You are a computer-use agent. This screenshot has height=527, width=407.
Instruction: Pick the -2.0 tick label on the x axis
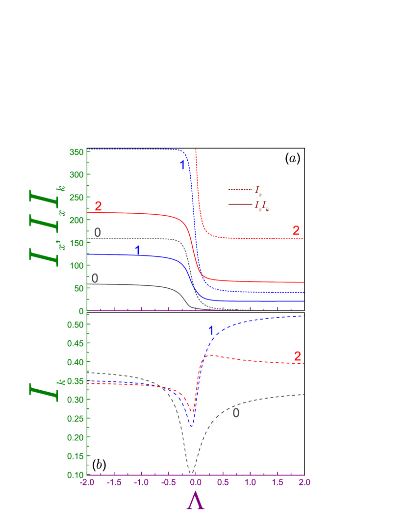87,482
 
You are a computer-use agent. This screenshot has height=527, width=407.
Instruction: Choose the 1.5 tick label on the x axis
278,482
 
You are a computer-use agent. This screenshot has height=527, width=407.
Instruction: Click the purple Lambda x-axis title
195,501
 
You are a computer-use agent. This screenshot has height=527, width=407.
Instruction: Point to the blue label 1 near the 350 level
182,165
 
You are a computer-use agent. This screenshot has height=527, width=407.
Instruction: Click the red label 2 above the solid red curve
98,206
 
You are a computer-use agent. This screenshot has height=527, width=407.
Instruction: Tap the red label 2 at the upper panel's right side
296,230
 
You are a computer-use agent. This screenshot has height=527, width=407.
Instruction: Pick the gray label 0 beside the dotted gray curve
97,232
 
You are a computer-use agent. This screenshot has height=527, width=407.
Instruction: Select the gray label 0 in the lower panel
236,413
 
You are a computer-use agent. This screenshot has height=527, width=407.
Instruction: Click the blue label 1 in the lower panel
211,331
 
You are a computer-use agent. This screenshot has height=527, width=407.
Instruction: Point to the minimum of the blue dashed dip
192,427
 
